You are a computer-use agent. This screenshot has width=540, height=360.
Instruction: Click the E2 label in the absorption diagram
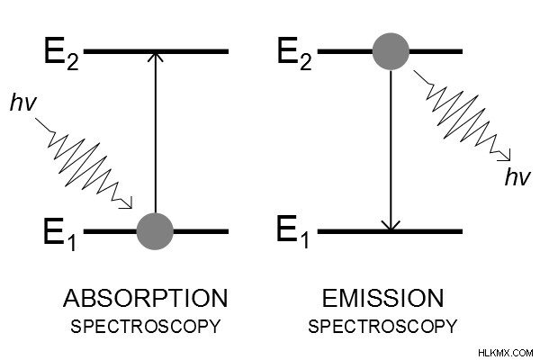(61, 54)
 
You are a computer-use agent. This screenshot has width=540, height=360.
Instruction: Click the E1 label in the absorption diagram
(60, 234)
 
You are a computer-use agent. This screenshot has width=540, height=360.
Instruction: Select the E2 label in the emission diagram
(294, 54)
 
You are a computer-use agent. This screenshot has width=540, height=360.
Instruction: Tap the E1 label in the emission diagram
(292, 231)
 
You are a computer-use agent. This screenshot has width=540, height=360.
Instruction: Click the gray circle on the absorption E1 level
(155, 231)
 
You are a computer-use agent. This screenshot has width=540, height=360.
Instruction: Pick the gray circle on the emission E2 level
(391, 51)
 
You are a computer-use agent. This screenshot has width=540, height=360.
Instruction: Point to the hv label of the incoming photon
(23, 103)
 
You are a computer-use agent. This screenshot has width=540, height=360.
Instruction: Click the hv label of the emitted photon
(517, 177)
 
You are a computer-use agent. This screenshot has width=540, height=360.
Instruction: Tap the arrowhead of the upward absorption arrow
(156, 57)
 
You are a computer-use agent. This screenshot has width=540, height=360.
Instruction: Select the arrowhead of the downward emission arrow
(391, 226)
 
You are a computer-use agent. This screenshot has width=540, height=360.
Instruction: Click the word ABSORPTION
(145, 298)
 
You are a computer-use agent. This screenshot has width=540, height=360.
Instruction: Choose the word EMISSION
(382, 298)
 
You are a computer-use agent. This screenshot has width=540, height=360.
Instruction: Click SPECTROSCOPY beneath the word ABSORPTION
(145, 326)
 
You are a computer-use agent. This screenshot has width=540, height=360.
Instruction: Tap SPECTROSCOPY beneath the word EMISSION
(382, 326)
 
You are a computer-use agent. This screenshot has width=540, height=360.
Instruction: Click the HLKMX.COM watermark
(506, 353)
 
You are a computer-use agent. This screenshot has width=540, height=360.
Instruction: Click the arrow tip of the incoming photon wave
(132, 208)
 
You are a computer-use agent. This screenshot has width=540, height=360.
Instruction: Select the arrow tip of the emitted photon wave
(509, 159)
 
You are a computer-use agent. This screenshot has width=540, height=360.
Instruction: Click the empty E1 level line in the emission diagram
(390, 231)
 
